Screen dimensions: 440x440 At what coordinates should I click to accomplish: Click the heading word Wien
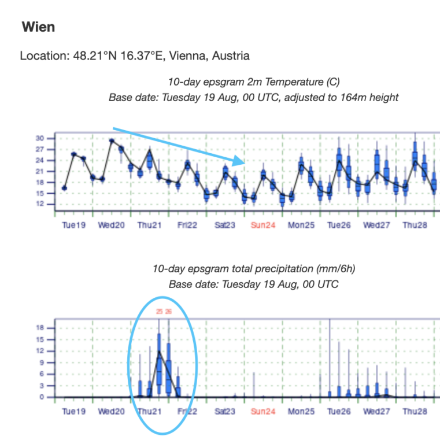(38, 27)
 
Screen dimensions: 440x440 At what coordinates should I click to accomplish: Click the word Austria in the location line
(231, 56)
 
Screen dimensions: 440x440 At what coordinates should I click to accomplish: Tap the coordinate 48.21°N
(93, 56)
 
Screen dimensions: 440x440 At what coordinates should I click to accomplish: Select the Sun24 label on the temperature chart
(262, 225)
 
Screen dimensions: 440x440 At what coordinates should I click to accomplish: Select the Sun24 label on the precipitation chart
(262, 412)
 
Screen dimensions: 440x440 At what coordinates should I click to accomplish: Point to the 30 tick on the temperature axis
(40, 138)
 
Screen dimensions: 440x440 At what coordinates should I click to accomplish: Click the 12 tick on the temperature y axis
(40, 204)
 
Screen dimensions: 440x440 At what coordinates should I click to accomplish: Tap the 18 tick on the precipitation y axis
(40, 327)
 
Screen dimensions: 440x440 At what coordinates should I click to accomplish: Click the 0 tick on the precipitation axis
(42, 397)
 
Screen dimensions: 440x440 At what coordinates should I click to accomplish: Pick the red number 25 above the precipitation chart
(159, 312)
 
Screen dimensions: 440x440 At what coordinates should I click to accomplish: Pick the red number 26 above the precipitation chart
(168, 312)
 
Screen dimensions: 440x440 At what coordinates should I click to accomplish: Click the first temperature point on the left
(64, 188)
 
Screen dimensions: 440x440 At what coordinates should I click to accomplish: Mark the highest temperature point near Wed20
(112, 140)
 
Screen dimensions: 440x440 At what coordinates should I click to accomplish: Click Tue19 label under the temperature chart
(73, 225)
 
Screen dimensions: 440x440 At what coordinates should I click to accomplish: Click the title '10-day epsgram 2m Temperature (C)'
(254, 82)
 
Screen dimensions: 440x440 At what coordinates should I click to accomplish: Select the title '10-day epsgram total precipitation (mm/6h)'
(254, 269)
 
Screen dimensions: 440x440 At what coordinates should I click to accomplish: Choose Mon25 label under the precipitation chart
(301, 412)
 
